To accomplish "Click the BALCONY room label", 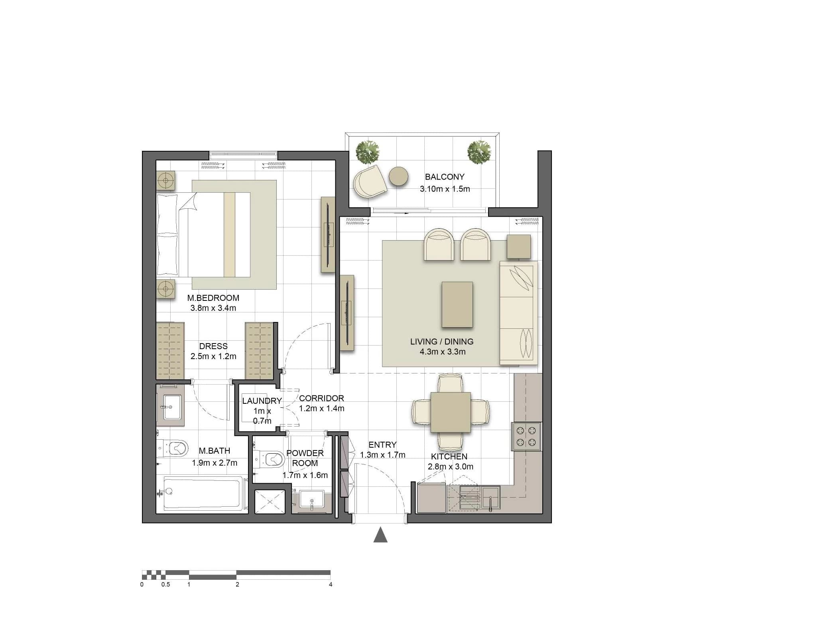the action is (445, 177).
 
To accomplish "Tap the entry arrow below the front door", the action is (380, 535).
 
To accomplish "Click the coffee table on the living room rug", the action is (457, 304).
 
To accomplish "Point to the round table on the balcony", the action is (399, 176).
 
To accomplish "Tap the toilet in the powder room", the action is (269, 459).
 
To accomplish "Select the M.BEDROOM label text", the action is (213, 298).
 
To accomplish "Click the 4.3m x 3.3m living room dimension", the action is (443, 352).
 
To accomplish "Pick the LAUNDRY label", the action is (262, 401).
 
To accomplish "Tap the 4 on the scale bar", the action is (331, 585).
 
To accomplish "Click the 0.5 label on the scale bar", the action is (165, 585).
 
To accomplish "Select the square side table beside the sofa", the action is (519, 247).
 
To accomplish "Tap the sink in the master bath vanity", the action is (172, 407).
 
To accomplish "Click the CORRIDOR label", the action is (321, 398).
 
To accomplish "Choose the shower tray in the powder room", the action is (270, 501).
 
